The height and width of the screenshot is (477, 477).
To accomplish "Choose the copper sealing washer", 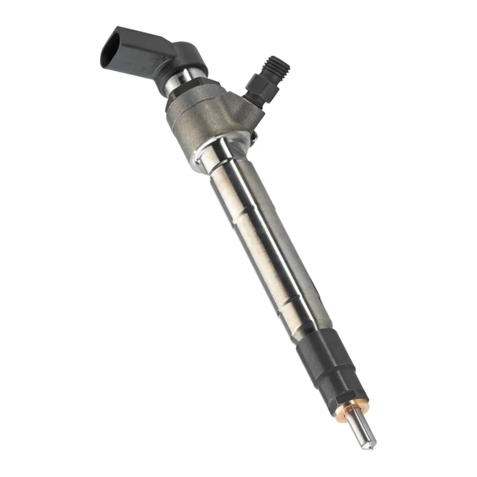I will tap(353, 408).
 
